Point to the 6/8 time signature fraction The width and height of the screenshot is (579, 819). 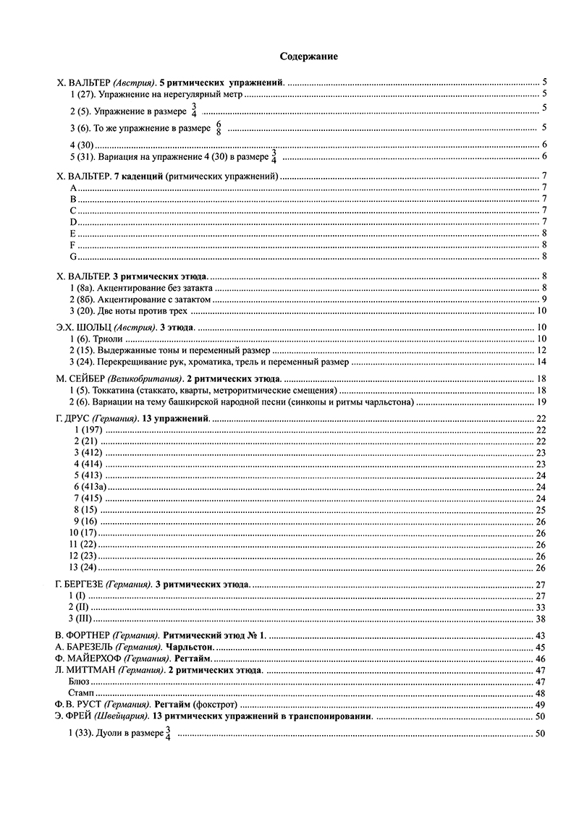[x=218, y=128]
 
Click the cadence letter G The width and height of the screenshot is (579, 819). [x=72, y=256]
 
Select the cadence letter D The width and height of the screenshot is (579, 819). [x=72, y=221]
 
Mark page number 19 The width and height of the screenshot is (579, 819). [x=540, y=402]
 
